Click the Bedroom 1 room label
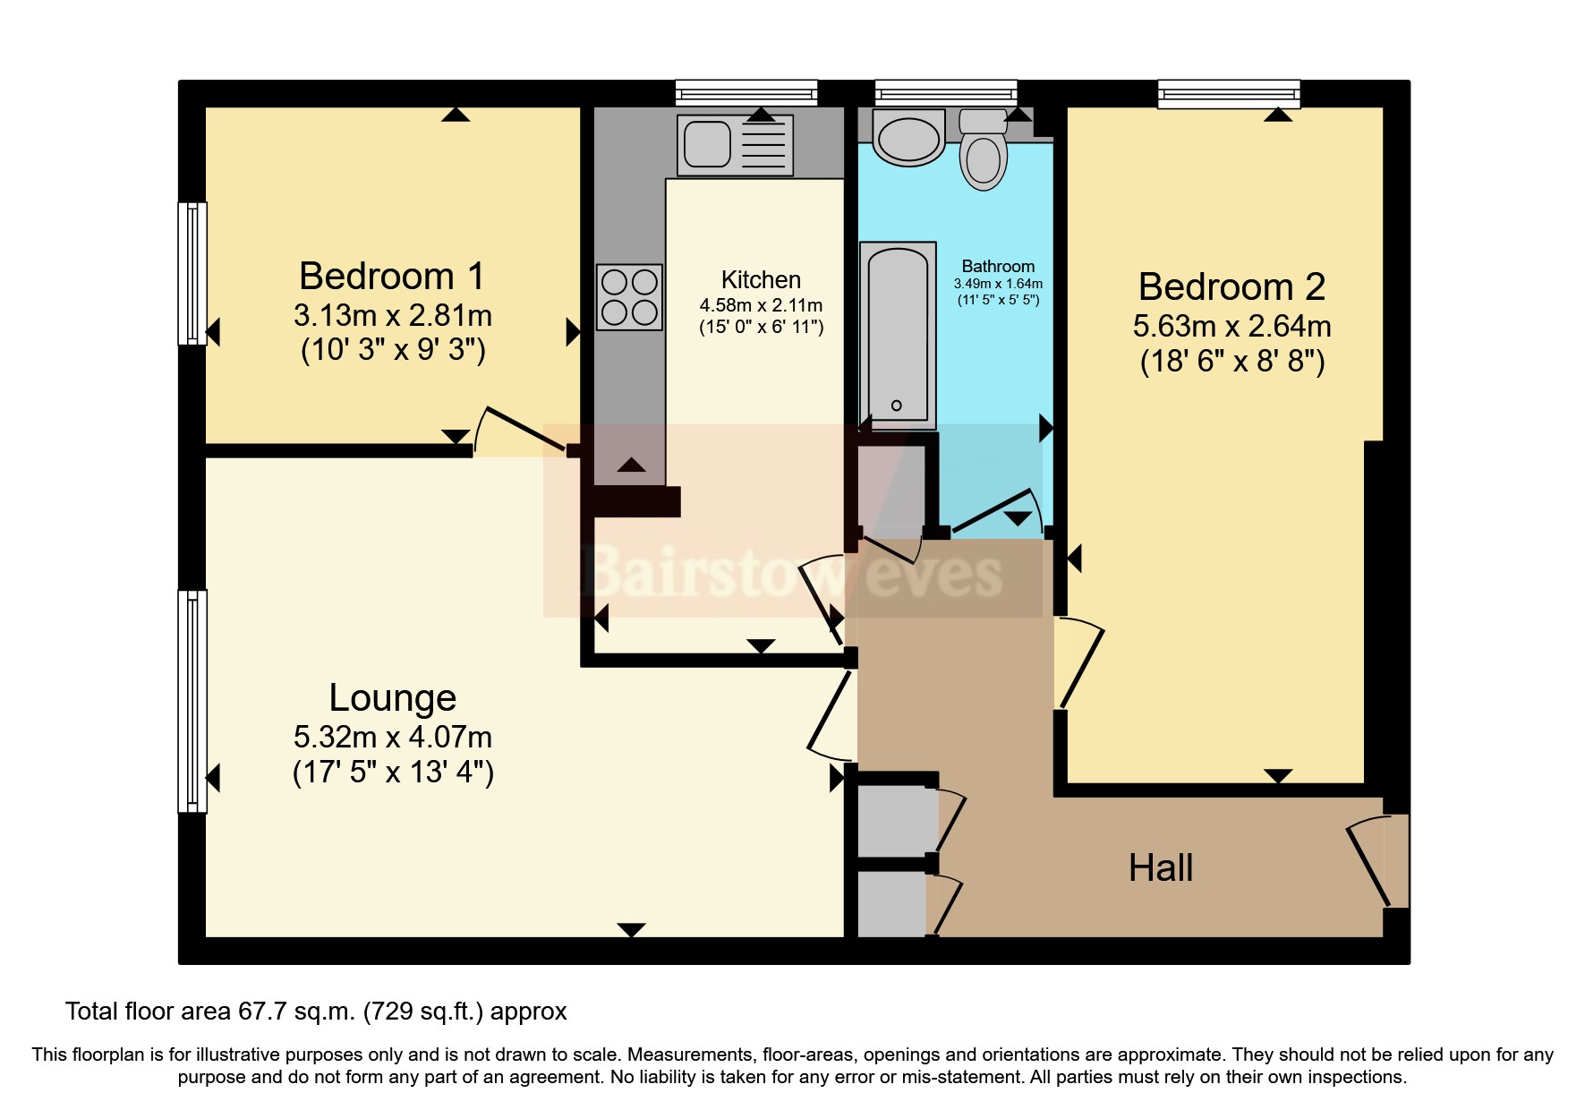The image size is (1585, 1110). (x=392, y=277)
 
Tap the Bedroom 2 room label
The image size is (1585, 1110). (x=1231, y=287)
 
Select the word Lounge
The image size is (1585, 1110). (x=392, y=698)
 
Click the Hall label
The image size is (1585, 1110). (x=1161, y=868)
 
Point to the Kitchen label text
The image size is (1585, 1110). (x=761, y=280)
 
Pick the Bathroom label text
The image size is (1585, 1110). (x=998, y=267)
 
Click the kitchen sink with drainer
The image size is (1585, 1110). (x=735, y=145)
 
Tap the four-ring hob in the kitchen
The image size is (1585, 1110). (x=630, y=297)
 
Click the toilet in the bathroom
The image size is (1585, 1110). (x=983, y=152)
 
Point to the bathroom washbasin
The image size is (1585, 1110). (x=908, y=139)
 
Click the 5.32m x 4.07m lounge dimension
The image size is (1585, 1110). (x=392, y=738)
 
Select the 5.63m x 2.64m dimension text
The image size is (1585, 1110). (x=1231, y=327)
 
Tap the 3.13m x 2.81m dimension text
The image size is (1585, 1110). (x=392, y=316)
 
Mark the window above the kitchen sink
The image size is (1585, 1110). (x=746, y=93)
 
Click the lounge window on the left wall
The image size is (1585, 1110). (x=192, y=701)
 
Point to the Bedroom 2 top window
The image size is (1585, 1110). (x=1228, y=93)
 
